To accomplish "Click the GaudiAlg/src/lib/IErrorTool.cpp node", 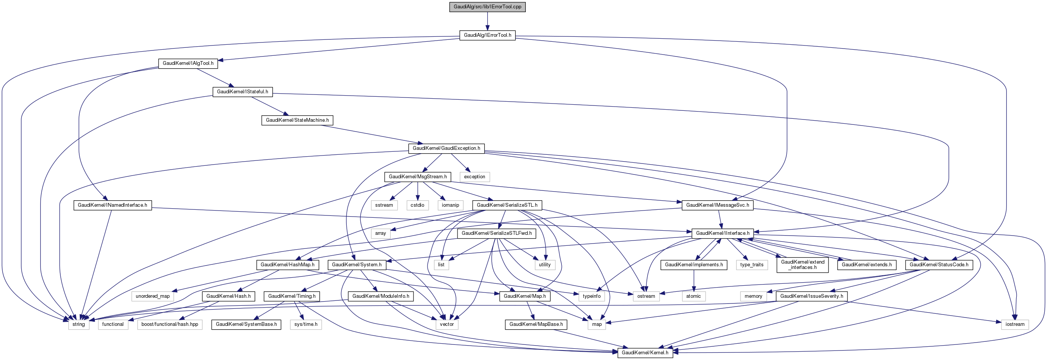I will point(487,7).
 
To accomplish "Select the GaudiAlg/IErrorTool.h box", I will point(487,35).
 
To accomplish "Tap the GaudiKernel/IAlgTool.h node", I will point(188,63).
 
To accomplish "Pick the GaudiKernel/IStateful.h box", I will point(242,92).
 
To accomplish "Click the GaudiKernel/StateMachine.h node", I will point(297,120).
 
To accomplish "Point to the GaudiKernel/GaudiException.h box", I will point(446,148).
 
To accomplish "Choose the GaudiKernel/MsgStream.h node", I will point(417,177).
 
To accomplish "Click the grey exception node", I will point(474,177).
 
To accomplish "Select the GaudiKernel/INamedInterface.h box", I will point(112,205).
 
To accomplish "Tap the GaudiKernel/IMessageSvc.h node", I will point(717,205).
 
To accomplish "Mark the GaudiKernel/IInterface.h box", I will point(723,233).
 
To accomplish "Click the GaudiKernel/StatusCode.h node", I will point(939,265).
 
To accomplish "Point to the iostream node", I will point(1015,324).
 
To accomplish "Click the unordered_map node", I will point(152,296).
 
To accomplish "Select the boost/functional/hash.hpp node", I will point(170,324).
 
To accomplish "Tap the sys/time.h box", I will point(306,324).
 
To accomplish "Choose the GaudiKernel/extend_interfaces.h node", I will point(802,264).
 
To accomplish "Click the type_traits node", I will point(751,265).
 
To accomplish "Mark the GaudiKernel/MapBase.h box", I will point(536,324).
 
